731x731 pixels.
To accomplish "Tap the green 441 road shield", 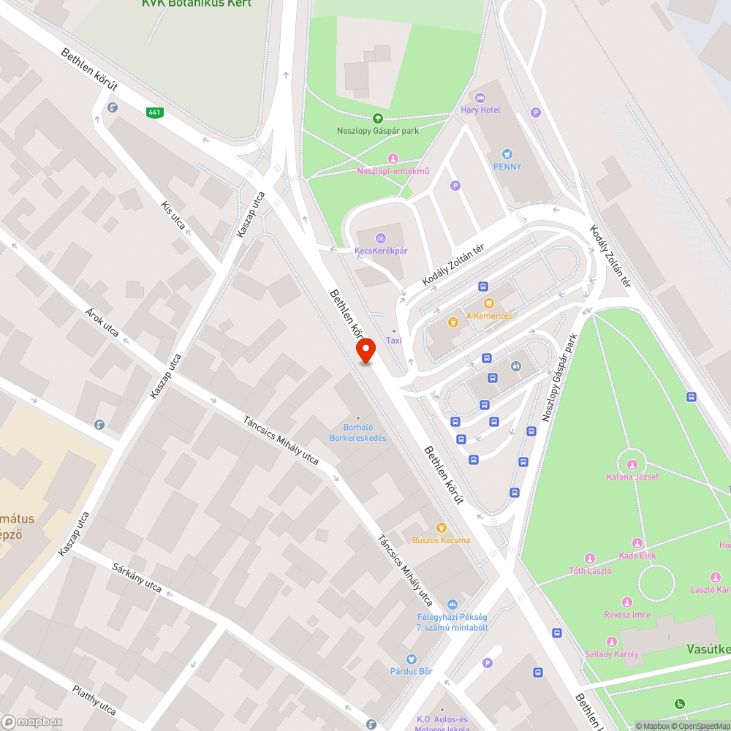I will click(154, 112).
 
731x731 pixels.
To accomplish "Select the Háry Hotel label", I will click(480, 110).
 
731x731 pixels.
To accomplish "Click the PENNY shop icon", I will click(507, 154).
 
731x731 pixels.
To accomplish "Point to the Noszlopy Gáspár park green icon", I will click(378, 118).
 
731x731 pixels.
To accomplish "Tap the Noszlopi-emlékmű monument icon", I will click(393, 159).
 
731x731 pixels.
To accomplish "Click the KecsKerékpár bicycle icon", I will click(380, 238).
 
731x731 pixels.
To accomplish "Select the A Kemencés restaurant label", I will click(489, 316).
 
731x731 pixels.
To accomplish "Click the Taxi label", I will click(394, 341).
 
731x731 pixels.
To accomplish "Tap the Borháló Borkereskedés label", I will click(365, 433).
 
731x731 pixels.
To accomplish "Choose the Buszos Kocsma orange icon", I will click(441, 528).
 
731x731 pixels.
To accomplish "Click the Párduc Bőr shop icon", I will click(411, 659).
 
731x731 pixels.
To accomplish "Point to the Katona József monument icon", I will click(632, 464).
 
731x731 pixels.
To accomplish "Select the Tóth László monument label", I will click(590, 570).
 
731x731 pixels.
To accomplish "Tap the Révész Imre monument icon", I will click(627, 602).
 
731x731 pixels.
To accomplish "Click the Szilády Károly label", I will click(611, 654).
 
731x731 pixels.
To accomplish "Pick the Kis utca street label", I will click(173, 213).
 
